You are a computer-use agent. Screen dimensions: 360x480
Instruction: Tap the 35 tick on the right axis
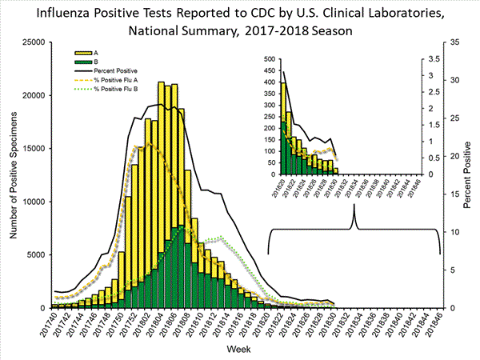(452, 42)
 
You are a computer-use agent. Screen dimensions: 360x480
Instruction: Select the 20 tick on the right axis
(452, 156)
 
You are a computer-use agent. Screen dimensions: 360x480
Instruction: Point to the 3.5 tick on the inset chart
(431, 59)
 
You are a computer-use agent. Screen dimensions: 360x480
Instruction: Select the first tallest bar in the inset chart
(283, 128)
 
